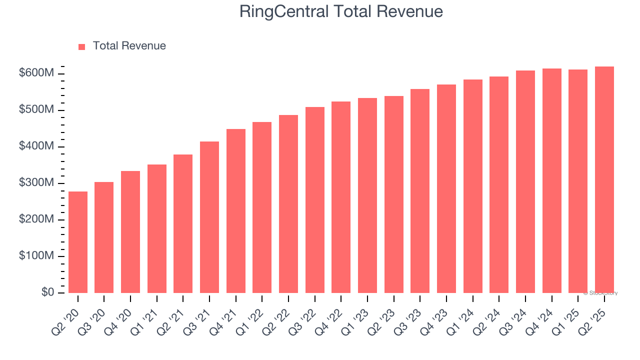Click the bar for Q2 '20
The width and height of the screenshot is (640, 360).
pyautogui.click(x=78, y=242)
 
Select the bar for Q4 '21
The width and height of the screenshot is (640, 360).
pyautogui.click(x=236, y=211)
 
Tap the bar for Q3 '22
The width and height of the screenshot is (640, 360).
pyautogui.click(x=315, y=200)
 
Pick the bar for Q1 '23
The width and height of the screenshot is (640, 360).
pyautogui.click(x=367, y=195)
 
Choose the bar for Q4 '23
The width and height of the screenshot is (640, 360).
pyautogui.click(x=446, y=189)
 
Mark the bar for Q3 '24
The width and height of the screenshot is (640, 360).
pyautogui.click(x=525, y=182)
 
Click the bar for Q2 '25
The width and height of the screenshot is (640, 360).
pyautogui.click(x=604, y=180)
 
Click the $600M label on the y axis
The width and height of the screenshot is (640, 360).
pyautogui.click(x=36, y=73)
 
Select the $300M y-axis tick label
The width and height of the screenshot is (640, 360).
pyautogui.click(x=36, y=183)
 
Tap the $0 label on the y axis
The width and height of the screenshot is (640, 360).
pyautogui.click(x=48, y=292)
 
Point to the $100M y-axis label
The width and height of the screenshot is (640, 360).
pyautogui.click(x=36, y=256)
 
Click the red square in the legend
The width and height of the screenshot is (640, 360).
pyautogui.click(x=82, y=46)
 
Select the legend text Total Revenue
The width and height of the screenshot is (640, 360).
pyautogui.click(x=129, y=46)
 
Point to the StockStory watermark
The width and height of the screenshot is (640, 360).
pyautogui.click(x=600, y=293)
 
